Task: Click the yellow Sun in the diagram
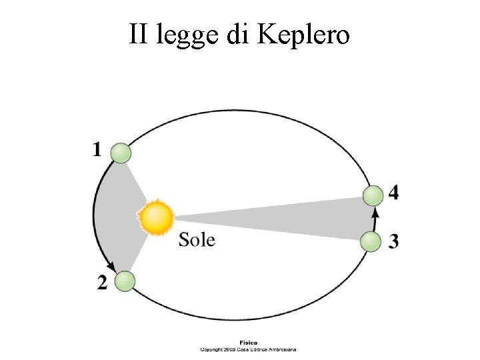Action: [156, 218]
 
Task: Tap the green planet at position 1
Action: [121, 153]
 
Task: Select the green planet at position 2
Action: [124, 281]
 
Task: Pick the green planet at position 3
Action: [371, 241]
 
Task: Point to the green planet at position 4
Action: [373, 195]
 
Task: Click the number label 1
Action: [97, 150]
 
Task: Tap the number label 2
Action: [102, 283]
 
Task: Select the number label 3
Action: [394, 241]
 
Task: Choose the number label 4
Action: [394, 193]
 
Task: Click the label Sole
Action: [197, 239]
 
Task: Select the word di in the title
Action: [237, 34]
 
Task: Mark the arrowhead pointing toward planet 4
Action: [375, 213]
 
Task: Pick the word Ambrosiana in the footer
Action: [281, 349]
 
